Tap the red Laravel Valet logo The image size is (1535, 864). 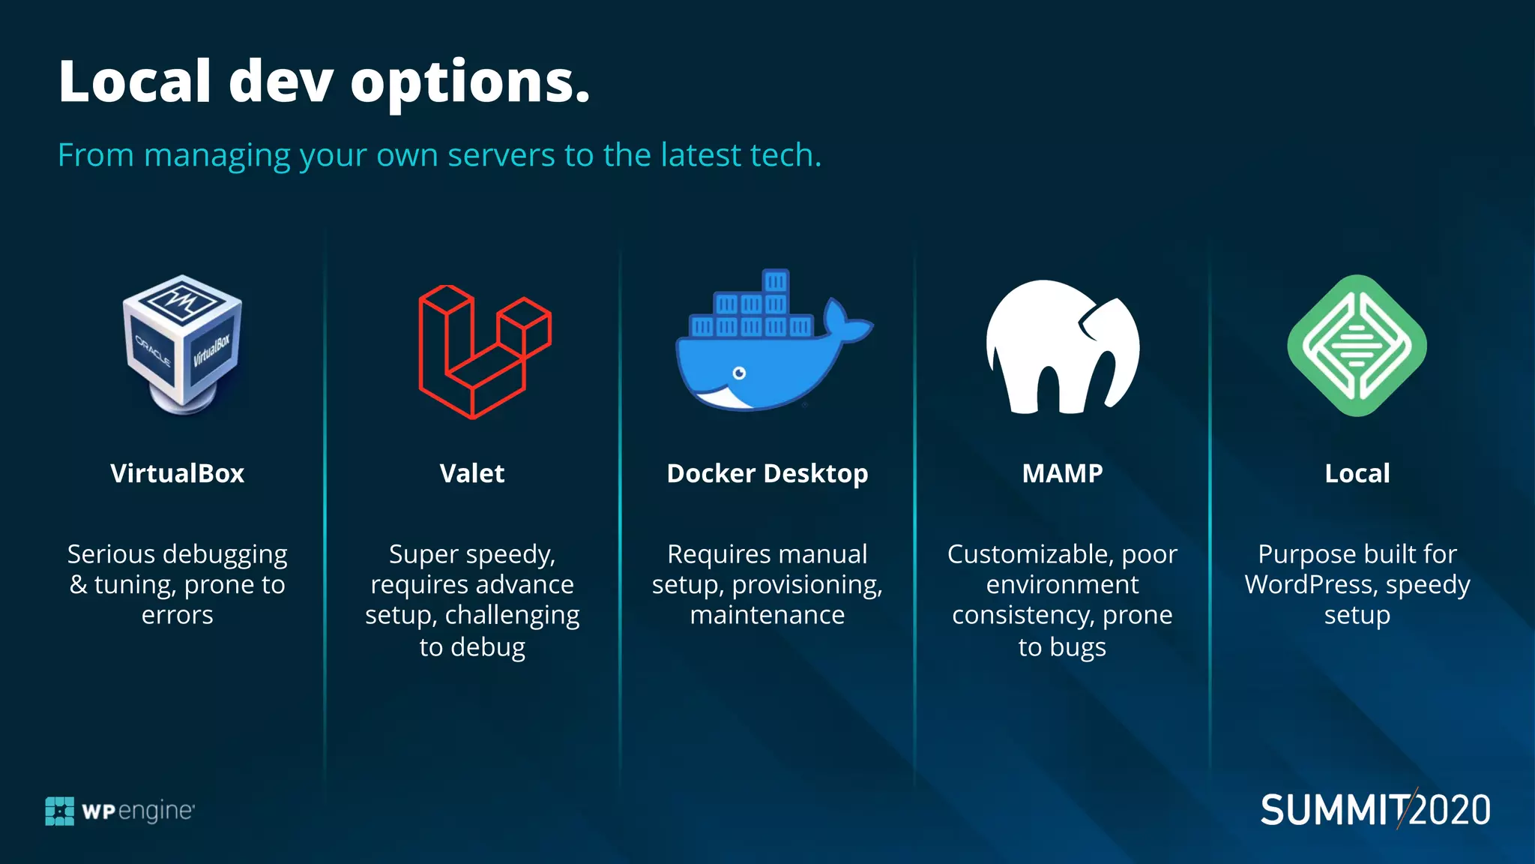483,351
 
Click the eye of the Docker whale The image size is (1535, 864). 739,373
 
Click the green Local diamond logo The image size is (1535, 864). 1357,346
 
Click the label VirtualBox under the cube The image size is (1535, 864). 177,473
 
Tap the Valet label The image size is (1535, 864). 472,473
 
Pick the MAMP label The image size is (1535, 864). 1062,473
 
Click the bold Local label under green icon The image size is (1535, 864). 1357,473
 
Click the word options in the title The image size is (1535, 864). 470,82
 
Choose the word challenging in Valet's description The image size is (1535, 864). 512,616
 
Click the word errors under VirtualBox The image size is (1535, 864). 177,616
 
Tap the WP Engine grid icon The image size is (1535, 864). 60,811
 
